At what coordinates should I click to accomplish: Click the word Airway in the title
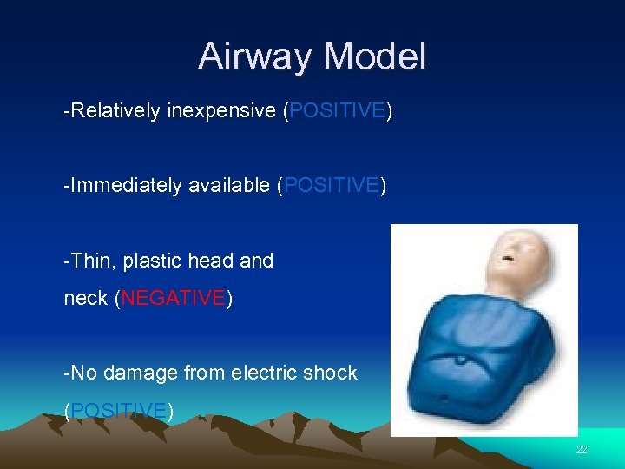click(x=256, y=57)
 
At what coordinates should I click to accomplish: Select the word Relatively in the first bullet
click(x=115, y=111)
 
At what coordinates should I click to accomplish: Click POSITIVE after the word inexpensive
click(x=338, y=111)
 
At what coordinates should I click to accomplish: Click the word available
click(x=228, y=186)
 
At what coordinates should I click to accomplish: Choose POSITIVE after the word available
click(x=331, y=186)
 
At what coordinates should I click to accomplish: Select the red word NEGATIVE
click(x=173, y=299)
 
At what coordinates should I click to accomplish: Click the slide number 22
click(x=582, y=449)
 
